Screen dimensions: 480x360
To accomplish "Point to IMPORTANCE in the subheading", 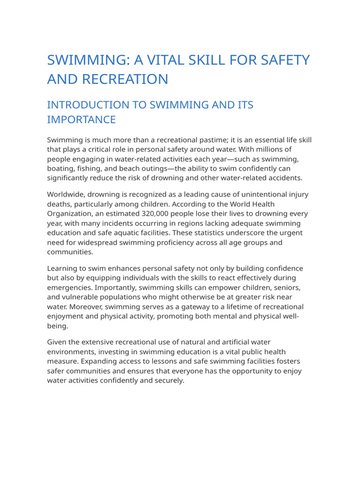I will (x=81, y=120).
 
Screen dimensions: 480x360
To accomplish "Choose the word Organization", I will (x=70, y=214).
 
